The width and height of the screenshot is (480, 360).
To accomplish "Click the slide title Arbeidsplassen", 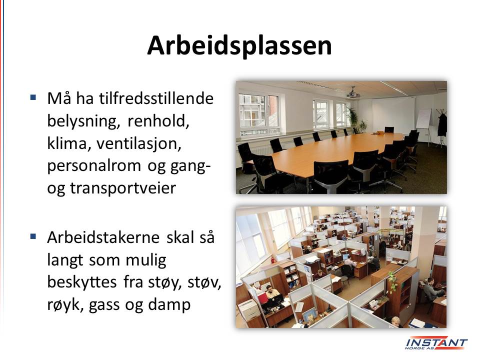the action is pyautogui.click(x=239, y=46).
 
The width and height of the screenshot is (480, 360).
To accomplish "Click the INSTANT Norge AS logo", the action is pyautogui.click(x=436, y=343).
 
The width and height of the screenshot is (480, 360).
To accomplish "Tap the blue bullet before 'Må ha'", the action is pyautogui.click(x=33, y=97).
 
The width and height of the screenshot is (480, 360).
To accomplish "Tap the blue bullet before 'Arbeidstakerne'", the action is pyautogui.click(x=33, y=236).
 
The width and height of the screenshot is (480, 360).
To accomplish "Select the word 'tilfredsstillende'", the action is pyautogui.click(x=156, y=98).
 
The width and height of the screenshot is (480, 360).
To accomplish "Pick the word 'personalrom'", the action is pyautogui.click(x=94, y=166).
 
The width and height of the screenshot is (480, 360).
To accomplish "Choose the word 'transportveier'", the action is pyautogui.click(x=123, y=188).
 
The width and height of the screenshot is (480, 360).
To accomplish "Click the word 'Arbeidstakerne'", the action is pyautogui.click(x=103, y=237).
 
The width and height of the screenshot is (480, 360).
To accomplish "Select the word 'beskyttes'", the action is pyautogui.click(x=81, y=282).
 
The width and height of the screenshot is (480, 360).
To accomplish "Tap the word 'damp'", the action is pyautogui.click(x=169, y=305).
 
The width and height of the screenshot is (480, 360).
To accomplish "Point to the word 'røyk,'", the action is pyautogui.click(x=65, y=305).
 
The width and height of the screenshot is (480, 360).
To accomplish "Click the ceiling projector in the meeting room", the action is pyautogui.click(x=352, y=93).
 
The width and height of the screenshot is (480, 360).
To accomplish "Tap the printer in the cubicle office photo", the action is pyautogui.click(x=249, y=309).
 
